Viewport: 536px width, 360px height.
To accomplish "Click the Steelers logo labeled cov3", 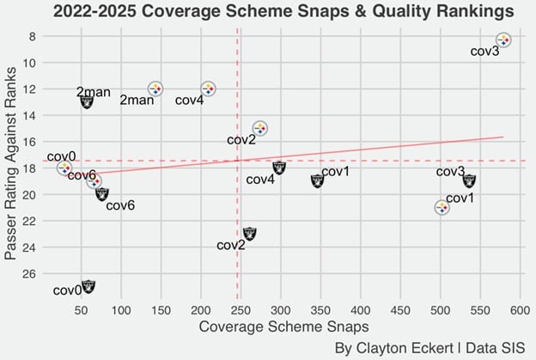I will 503,40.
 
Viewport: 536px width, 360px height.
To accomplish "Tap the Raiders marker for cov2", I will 249,233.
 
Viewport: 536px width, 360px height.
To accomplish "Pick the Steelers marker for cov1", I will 442,207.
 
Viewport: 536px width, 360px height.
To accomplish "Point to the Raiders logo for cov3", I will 469,180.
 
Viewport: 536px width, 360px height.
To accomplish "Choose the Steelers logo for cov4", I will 208,88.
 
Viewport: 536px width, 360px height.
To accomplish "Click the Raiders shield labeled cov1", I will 317,180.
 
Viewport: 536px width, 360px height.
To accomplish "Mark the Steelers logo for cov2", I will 259,128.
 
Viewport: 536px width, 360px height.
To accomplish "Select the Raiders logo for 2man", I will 87,101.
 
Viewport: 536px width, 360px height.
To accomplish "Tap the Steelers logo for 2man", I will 155,88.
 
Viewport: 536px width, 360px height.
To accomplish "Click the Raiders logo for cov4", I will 278,168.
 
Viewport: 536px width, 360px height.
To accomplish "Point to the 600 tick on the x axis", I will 519,309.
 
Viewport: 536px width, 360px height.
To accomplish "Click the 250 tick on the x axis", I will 240,309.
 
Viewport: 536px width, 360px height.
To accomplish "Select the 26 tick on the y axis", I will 28,273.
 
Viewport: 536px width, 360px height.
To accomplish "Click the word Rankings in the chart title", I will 466,12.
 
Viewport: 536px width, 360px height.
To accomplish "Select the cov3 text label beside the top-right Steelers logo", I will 484,52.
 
